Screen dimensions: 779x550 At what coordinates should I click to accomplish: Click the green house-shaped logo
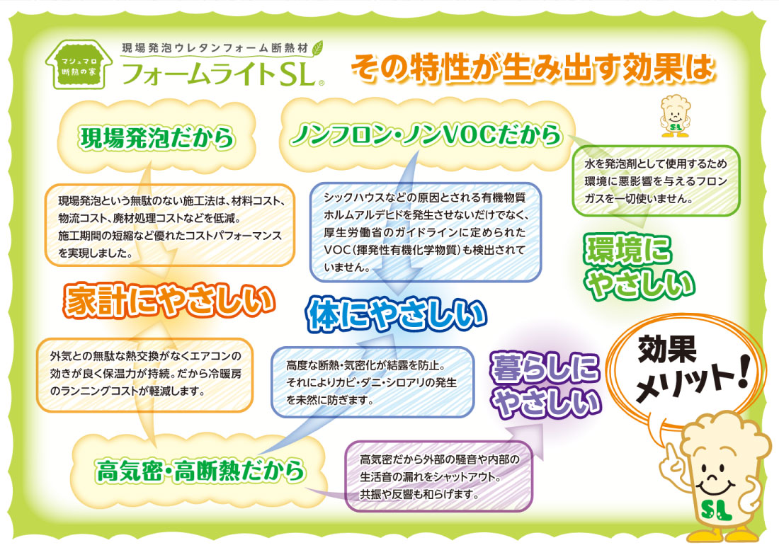click(79, 64)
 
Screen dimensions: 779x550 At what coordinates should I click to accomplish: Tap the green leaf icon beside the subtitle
click(317, 47)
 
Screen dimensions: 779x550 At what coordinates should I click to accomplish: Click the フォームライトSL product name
click(222, 74)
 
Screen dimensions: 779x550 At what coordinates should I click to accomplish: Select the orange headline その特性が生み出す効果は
click(533, 67)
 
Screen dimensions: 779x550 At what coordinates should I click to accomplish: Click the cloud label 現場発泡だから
click(157, 138)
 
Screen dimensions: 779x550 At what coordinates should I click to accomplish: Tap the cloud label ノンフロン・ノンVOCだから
click(426, 134)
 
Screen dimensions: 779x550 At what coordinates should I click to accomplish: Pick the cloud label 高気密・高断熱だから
click(200, 471)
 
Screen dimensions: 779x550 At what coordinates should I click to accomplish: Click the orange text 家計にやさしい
click(169, 301)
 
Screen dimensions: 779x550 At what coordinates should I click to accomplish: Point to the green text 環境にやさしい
click(638, 267)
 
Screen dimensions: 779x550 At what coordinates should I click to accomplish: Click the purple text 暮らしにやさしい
click(545, 385)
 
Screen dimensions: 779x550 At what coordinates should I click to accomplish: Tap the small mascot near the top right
click(675, 116)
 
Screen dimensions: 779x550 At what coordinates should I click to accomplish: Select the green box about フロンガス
click(656, 181)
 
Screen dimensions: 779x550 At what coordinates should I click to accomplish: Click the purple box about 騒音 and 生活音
click(438, 476)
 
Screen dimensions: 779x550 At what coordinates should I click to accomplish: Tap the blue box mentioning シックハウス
click(426, 232)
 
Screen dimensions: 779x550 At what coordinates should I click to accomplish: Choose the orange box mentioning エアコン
click(145, 375)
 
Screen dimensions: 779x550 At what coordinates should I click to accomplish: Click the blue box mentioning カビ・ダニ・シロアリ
click(373, 382)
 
